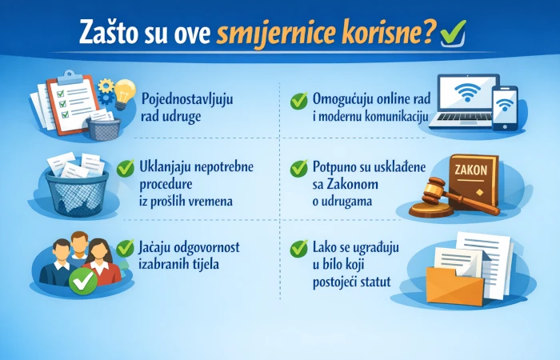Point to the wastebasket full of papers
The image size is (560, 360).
76,188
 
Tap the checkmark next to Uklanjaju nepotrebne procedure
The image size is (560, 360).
126,169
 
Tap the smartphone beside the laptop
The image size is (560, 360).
505,107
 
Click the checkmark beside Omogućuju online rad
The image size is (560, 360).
298,102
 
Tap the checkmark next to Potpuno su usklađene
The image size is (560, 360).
298,169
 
